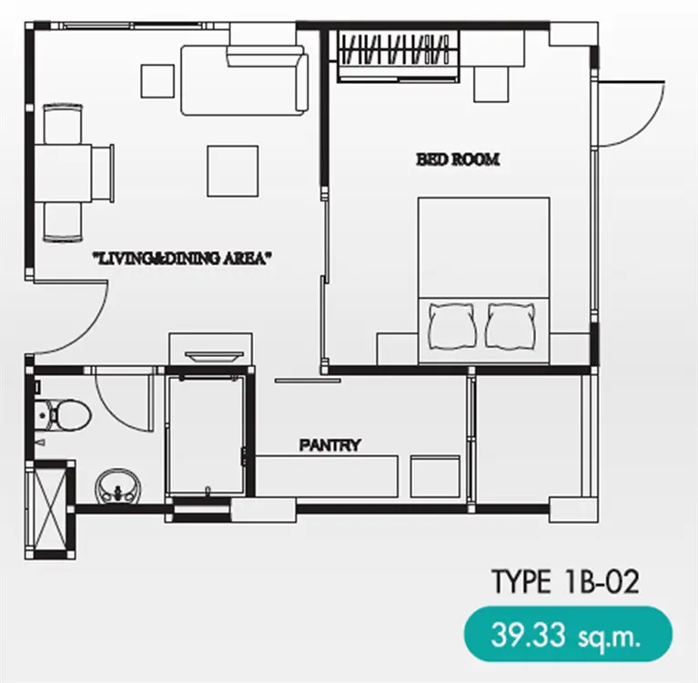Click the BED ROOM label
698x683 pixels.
(458, 159)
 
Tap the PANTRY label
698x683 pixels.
(329, 445)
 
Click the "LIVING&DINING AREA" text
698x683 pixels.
(182, 259)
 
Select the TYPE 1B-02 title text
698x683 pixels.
(565, 581)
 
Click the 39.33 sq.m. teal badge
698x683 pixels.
(568, 634)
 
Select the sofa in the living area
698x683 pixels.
(245, 80)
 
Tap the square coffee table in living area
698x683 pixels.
(233, 171)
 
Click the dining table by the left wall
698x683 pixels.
(63, 173)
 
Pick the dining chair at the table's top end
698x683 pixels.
(63, 124)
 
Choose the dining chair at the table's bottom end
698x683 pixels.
(63, 222)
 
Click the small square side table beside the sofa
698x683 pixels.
(157, 81)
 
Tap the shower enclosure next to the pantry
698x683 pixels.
(207, 434)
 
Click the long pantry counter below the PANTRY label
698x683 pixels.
(327, 476)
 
